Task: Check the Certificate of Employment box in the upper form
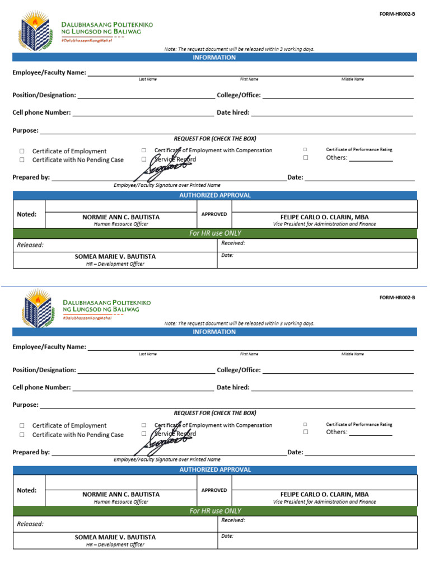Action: click(x=22, y=151)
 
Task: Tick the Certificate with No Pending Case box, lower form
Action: click(x=22, y=434)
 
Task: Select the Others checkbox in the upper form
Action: click(x=306, y=158)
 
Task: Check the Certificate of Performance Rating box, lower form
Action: click(x=306, y=425)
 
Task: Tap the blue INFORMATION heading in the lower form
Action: click(x=214, y=332)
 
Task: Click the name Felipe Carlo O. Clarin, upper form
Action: click(x=324, y=217)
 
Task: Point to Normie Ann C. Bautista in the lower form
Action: click(x=121, y=495)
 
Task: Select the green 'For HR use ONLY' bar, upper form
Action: click(x=215, y=233)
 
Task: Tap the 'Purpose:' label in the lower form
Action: click(x=25, y=405)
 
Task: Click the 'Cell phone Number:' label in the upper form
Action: click(x=41, y=112)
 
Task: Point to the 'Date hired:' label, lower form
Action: click(x=233, y=387)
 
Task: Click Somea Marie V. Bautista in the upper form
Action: click(x=115, y=257)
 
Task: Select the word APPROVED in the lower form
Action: click(x=214, y=490)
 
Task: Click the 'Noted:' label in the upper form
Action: click(x=27, y=214)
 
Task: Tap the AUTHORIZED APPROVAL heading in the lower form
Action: click(x=215, y=470)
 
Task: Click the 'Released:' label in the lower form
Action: click(x=30, y=524)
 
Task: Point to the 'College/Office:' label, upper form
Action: click(x=239, y=95)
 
